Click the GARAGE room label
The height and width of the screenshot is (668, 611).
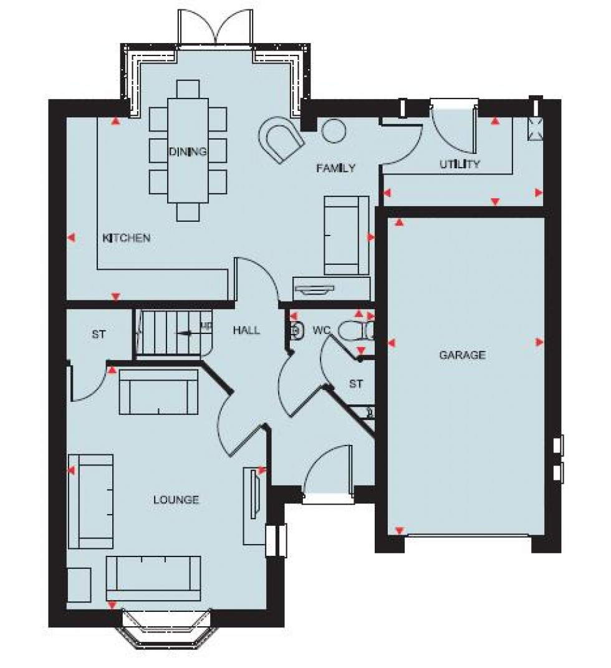coord(462,355)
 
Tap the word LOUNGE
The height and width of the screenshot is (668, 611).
coord(176,500)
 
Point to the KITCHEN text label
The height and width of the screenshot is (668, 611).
coord(127,238)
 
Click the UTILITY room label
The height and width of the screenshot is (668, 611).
coord(459,165)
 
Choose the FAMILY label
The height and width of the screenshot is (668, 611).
coord(335,168)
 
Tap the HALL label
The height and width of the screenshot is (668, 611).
coord(246,330)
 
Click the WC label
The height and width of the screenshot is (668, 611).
coord(320,330)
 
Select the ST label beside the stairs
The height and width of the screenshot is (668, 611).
coord(99,335)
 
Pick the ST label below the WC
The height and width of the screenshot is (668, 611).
coord(355,384)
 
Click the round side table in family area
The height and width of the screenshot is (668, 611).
coord(333,130)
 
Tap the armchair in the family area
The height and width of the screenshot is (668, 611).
coord(281,140)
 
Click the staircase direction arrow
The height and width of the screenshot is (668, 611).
coord(185,333)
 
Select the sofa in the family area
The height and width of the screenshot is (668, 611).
coord(346,235)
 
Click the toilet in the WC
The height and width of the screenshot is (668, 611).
coord(358,331)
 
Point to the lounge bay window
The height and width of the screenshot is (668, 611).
coord(168,626)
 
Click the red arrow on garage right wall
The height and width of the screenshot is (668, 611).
coord(539,342)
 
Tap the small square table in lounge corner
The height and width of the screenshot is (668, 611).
coord(79,584)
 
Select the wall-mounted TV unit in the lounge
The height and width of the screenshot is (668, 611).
coord(254,494)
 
